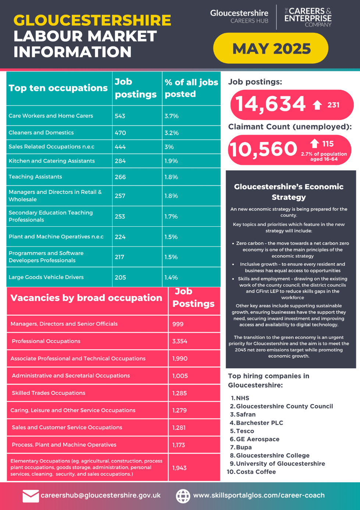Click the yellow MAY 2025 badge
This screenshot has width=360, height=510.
tap(271, 48)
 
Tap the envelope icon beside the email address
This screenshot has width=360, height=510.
tap(31, 496)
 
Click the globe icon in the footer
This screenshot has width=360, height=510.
tap(183, 496)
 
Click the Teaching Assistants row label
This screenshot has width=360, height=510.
tap(35, 177)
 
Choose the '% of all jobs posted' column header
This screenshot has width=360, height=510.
tap(191, 88)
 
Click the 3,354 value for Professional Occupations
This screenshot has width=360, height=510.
tap(180, 341)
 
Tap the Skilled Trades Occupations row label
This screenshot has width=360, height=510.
tap(49, 393)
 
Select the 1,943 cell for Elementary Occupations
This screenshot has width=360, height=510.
tap(179, 468)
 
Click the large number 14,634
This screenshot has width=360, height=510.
tap(270, 104)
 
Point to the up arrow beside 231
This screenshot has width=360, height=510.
tap(317, 105)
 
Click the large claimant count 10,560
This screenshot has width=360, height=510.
tap(263, 149)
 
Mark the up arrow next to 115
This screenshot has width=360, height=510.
tap(314, 144)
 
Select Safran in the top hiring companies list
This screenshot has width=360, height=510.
tap(246, 414)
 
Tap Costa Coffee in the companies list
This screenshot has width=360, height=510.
tap(256, 472)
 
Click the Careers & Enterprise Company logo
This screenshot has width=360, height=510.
tap(308, 17)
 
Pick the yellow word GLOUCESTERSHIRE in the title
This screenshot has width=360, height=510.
tap(92, 20)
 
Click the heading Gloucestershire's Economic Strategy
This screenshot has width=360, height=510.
tap(289, 192)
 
